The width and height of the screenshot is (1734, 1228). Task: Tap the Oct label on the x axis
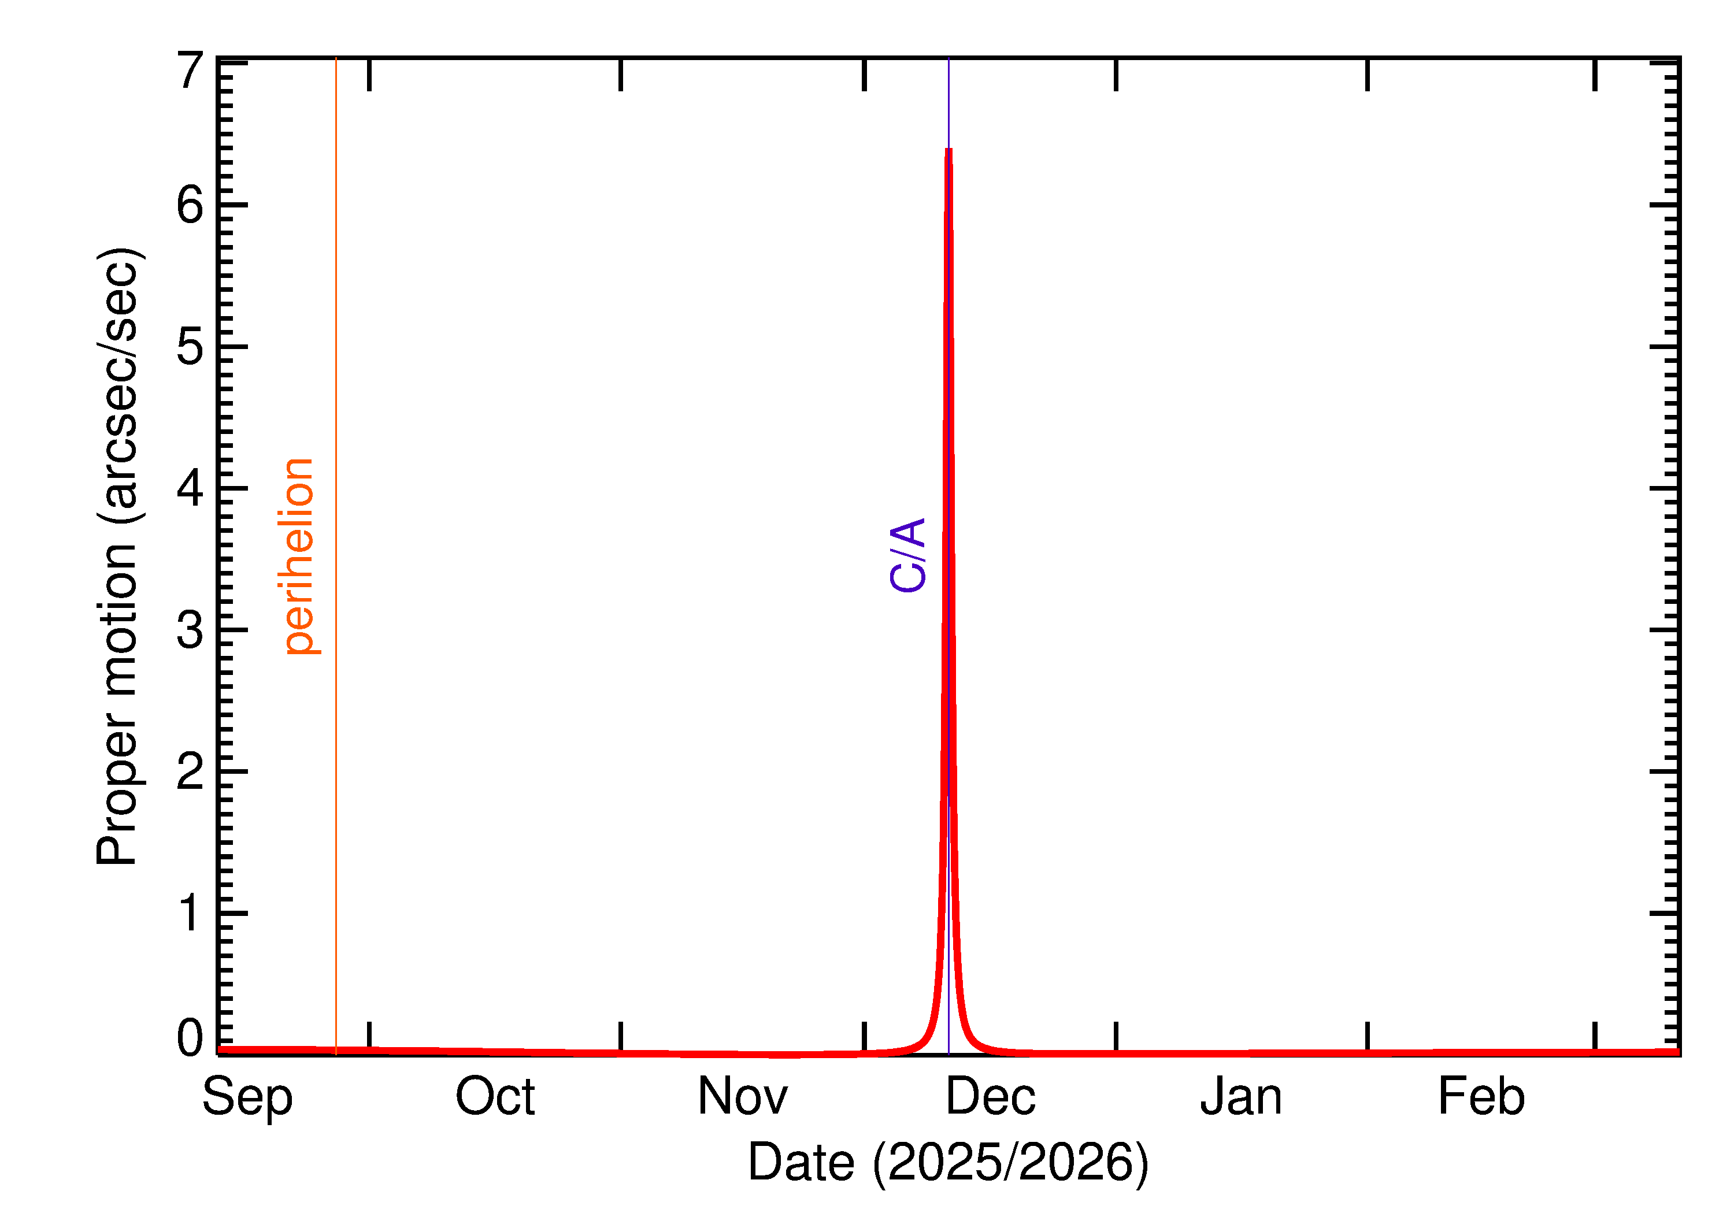[x=495, y=1096]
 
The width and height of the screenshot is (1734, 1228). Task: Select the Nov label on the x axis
[x=743, y=1096]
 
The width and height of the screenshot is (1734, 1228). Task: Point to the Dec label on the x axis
[x=991, y=1096]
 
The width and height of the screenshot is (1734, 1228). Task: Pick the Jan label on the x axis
[x=1241, y=1096]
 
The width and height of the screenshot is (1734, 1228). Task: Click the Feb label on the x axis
[x=1481, y=1096]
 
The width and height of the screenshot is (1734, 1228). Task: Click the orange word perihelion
[x=299, y=556]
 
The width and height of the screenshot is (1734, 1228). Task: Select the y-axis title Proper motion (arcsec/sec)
[x=118, y=556]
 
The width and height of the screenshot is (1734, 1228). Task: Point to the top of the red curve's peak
[x=948, y=150]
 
